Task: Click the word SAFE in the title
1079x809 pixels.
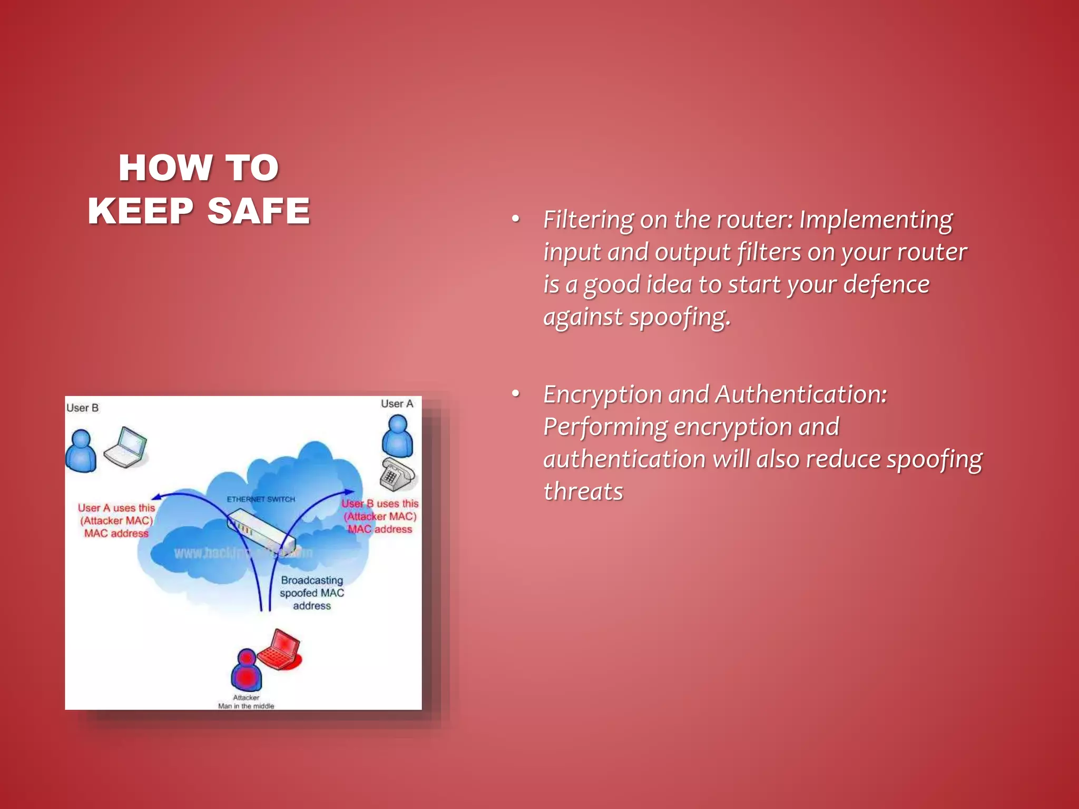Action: point(258,211)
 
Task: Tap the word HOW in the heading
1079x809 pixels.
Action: point(165,168)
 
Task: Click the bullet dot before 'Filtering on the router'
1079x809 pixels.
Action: point(516,219)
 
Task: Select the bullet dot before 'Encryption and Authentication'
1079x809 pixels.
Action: point(516,393)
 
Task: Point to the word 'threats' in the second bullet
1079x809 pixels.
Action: point(583,491)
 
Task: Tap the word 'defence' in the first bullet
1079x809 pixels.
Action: point(886,284)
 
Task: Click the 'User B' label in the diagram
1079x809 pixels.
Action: point(82,408)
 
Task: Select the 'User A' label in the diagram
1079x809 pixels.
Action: point(397,404)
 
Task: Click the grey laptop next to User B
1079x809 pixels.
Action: point(126,448)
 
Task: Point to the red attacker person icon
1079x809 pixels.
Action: point(246,670)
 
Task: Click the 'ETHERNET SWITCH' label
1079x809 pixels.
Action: point(261,499)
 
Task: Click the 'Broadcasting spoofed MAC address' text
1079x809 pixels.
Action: point(312,593)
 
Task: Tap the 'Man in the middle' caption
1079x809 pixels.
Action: point(246,706)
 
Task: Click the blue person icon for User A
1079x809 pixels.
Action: point(397,436)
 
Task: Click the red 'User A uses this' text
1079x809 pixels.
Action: point(116,508)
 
